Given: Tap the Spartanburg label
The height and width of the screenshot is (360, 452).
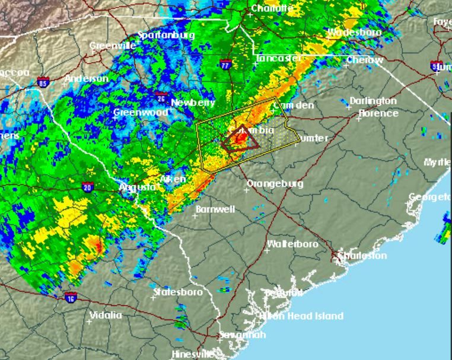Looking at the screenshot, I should (166, 35).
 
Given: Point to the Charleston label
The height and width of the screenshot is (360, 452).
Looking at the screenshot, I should (362, 256).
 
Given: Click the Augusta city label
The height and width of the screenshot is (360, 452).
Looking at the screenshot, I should (137, 186).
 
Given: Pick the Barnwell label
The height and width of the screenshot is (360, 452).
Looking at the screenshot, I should (215, 209).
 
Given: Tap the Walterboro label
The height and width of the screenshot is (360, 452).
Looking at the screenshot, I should (292, 244).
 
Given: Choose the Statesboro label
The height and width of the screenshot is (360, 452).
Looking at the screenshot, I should (178, 292).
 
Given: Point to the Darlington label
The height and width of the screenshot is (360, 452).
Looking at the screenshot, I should (373, 101).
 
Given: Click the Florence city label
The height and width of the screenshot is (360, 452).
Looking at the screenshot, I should (378, 113).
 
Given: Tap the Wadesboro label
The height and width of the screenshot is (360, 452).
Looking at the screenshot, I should (355, 33).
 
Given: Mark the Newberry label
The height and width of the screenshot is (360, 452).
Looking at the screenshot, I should (193, 103).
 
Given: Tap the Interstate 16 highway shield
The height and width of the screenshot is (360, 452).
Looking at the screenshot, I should (70, 297).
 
